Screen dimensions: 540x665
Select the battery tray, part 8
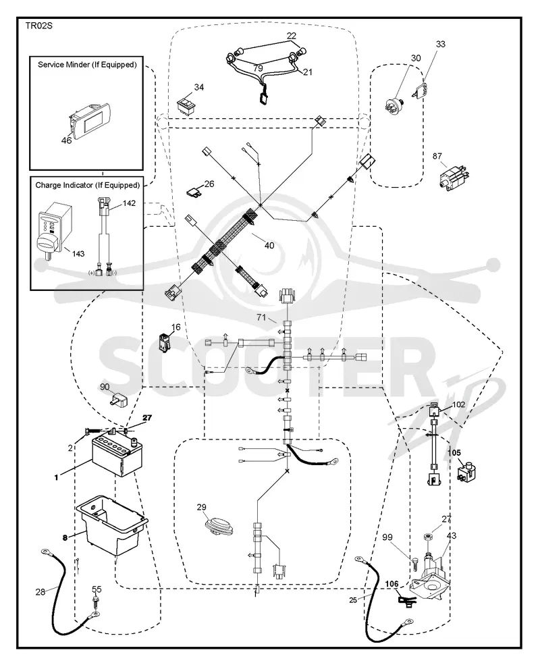(x=112, y=525)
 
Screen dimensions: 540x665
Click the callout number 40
(x=269, y=245)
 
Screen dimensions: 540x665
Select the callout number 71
(x=261, y=317)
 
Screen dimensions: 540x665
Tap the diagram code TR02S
(x=38, y=26)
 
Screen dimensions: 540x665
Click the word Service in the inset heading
(x=51, y=64)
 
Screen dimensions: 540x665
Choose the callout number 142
(x=129, y=203)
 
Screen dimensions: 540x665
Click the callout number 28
(x=40, y=591)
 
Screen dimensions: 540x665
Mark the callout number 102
(x=458, y=404)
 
